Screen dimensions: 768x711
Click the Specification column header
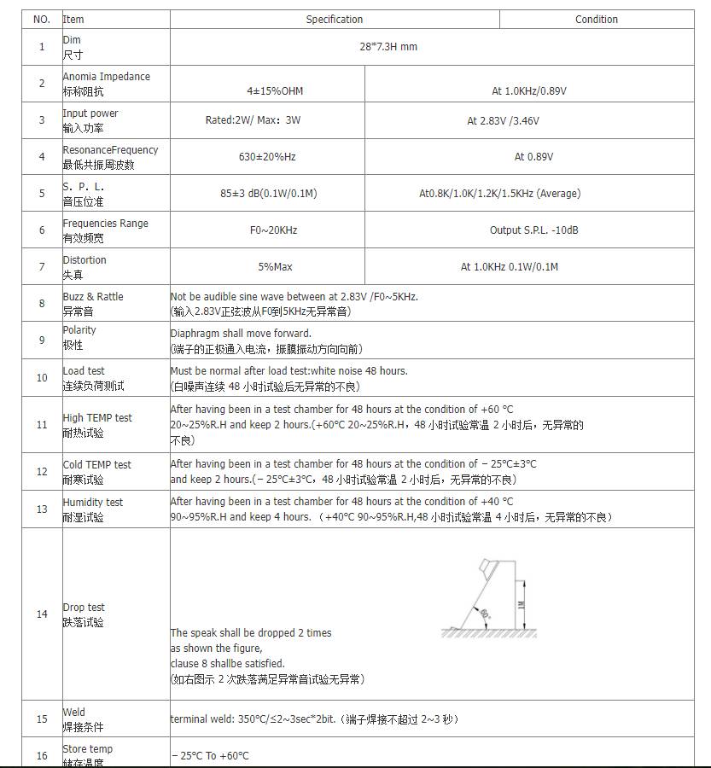(334, 20)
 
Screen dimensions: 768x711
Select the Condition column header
(596, 20)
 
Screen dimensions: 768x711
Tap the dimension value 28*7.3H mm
(388, 46)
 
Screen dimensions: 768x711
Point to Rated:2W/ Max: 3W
(253, 120)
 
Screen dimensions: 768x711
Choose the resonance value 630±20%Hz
(267, 157)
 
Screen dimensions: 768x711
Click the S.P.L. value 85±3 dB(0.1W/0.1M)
(268, 194)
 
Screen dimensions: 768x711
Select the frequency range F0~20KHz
(268, 230)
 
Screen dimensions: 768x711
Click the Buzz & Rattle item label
(92, 297)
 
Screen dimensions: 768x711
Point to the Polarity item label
(79, 330)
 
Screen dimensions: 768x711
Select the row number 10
(42, 378)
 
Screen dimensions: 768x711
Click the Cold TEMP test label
(96, 465)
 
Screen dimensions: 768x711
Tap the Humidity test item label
(92, 503)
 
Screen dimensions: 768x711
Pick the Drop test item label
(84, 608)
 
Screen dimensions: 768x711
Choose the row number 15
(42, 719)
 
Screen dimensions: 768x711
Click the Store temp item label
(87, 749)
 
